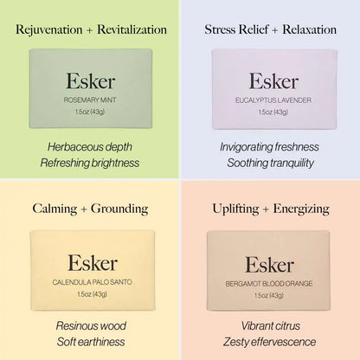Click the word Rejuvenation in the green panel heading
[x=49, y=30]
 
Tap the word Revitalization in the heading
[x=132, y=29]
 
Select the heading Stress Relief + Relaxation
[x=270, y=29]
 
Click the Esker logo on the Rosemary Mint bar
[x=91, y=80]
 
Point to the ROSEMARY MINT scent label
[x=90, y=100]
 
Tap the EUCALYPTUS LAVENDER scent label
[x=273, y=100]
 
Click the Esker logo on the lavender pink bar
[x=273, y=80]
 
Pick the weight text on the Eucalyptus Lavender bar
[x=273, y=112]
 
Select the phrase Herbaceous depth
[x=90, y=147]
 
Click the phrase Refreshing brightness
[x=90, y=163]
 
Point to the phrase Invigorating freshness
[x=269, y=147]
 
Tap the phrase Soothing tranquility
[x=270, y=163]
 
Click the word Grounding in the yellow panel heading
[x=119, y=209]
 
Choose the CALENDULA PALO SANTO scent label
[x=92, y=282]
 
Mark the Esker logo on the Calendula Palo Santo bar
[x=93, y=263]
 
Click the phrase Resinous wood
[x=91, y=326]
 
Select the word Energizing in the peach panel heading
[x=301, y=209]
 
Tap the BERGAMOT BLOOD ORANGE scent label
[x=269, y=284]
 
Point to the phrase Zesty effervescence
[x=269, y=342]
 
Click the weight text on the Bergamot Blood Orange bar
[x=269, y=295]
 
